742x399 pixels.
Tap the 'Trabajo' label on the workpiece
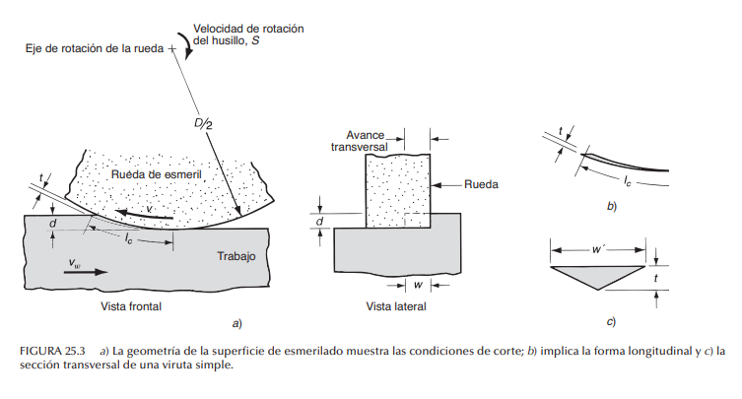(x=236, y=256)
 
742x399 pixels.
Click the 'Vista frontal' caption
(x=131, y=306)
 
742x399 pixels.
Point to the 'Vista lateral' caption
(x=397, y=306)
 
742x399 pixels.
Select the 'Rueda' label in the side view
(x=481, y=184)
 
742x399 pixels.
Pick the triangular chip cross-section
(x=599, y=274)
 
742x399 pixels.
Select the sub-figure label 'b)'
(x=611, y=208)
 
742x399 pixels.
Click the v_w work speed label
(x=75, y=263)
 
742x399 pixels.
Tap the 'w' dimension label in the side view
(x=419, y=286)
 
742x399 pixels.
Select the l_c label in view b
(x=627, y=181)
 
